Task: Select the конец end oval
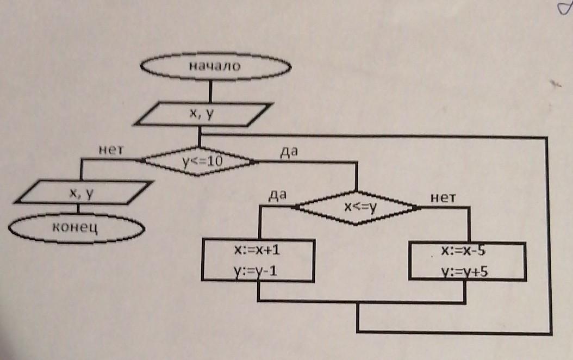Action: pyautogui.click(x=77, y=227)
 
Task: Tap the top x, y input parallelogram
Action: pyautogui.click(x=202, y=114)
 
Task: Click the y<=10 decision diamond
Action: pyautogui.click(x=199, y=162)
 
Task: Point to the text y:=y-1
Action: pyautogui.click(x=258, y=271)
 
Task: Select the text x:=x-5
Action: pyautogui.click(x=466, y=251)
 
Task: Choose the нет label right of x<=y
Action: pyautogui.click(x=442, y=198)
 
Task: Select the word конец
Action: pyautogui.click(x=76, y=227)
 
